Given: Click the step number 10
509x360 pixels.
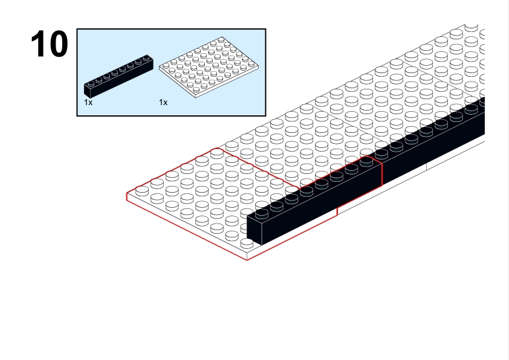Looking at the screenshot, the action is [x=50, y=43].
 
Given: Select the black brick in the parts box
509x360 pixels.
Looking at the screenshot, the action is [x=118, y=76].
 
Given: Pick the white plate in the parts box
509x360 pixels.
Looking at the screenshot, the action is [x=209, y=67].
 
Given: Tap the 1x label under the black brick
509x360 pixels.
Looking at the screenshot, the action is [x=88, y=103].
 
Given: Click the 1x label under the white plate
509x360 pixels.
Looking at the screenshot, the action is [x=163, y=103].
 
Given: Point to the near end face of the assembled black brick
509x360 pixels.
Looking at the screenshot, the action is [x=254, y=230].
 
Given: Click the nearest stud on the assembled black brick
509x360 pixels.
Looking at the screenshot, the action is [x=262, y=213].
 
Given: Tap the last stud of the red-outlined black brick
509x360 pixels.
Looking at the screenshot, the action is [x=366, y=161].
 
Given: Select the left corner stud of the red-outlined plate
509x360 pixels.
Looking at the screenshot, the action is [x=142, y=191].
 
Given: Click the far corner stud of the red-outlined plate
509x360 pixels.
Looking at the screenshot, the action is [x=217, y=153].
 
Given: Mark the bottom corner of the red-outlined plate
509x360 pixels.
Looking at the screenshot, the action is [x=247, y=260].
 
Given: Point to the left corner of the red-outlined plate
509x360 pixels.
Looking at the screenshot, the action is [x=126, y=194].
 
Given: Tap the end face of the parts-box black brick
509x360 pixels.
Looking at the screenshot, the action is [x=87, y=91].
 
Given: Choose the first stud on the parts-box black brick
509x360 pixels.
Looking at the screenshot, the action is [x=91, y=83].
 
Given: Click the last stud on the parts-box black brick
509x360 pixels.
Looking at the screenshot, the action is [x=146, y=58].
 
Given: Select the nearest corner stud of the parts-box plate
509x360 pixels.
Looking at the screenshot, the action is [x=196, y=89].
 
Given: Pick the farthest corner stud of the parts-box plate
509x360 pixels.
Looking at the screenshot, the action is [x=221, y=40].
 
